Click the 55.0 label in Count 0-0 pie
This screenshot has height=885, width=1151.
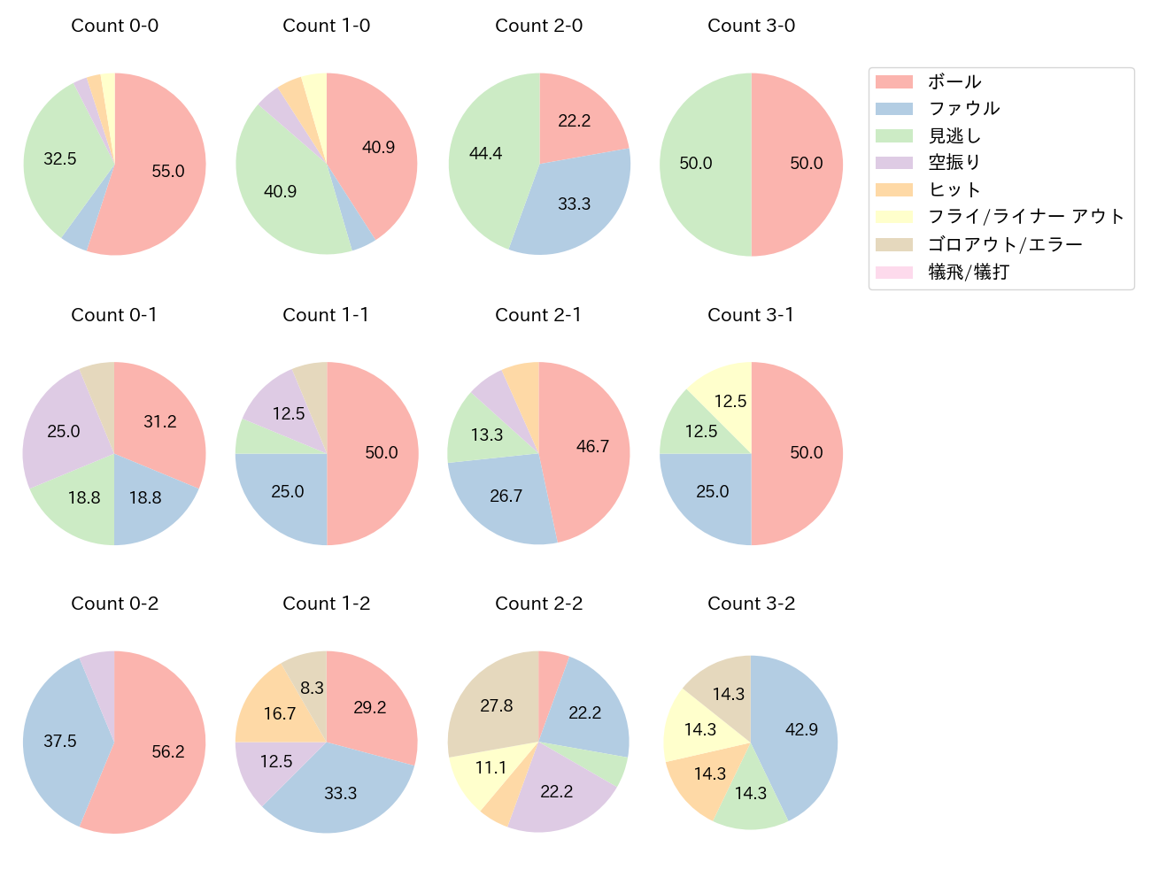coord(168,172)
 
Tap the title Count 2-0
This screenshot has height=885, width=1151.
coord(538,26)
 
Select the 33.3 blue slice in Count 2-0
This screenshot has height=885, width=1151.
coord(574,204)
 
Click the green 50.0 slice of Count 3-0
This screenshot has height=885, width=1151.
coord(696,164)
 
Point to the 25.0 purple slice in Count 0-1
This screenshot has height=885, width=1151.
coord(64,431)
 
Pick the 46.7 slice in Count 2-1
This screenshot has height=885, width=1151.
coord(592,447)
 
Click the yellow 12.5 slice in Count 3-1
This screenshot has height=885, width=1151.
coord(730,401)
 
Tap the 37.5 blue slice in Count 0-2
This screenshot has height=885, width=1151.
coord(60,742)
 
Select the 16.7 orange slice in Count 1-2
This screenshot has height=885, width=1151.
coord(280,713)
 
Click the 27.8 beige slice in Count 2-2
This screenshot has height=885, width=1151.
coord(497,706)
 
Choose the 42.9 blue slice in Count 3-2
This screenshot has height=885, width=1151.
coord(801,730)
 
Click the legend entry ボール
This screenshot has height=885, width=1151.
coord(954,82)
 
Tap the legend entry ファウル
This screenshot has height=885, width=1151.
coord(963,109)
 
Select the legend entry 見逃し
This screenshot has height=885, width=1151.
coord(954,136)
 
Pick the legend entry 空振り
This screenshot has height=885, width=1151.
coord(954,163)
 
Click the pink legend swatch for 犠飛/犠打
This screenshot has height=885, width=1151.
coord(893,273)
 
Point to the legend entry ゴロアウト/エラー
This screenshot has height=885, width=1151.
coord(1005,245)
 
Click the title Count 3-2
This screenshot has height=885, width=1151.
coord(751,604)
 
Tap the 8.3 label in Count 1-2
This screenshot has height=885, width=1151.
coord(312,688)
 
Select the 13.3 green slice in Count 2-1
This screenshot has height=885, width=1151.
coord(487,435)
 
